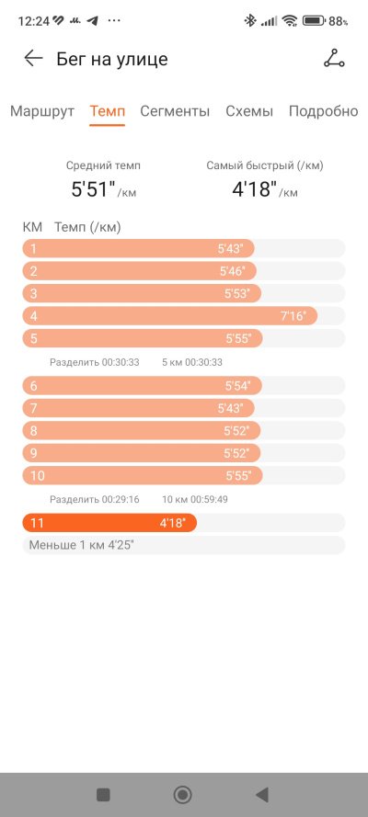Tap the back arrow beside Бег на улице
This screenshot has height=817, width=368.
coord(33,59)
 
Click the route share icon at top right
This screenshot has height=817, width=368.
coord(334,59)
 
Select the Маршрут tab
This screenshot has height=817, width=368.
coord(42,111)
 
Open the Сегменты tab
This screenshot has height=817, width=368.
coord(175,111)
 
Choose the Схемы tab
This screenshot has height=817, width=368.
coord(249,111)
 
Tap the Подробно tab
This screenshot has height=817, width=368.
coord(324,111)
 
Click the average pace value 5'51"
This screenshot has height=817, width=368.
coord(93,189)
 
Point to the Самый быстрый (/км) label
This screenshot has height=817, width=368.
coord(265,165)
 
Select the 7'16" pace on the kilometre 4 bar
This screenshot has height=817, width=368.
coord(293,316)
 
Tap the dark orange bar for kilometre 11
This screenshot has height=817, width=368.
coord(109,523)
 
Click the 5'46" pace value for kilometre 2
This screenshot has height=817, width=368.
coord(232,271)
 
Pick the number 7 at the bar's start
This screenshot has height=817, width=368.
coord(34,408)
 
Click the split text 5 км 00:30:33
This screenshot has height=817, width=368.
coord(191,362)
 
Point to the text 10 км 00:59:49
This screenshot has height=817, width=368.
coord(195,499)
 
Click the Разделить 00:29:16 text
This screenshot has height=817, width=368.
coord(95,499)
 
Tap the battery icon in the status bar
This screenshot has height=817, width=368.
coord(314,21)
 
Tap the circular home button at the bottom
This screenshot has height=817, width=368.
coord(182,795)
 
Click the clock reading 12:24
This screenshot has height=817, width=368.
coord(33,21)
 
